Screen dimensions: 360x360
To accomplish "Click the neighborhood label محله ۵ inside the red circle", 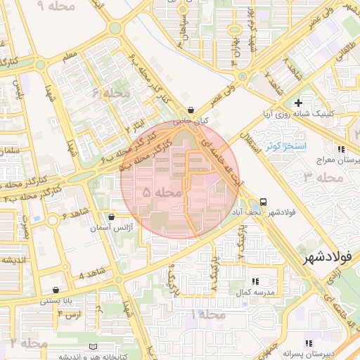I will [162, 191].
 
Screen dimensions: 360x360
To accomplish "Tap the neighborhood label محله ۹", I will [49, 6].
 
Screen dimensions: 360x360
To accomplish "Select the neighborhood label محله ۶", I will [111, 93].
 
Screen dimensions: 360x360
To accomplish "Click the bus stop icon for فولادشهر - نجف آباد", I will [263, 202].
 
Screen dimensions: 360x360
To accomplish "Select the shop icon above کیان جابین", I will [191, 110].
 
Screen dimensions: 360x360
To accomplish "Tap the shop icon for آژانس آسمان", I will [112, 217].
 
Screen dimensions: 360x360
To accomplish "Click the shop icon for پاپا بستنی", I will [56, 290].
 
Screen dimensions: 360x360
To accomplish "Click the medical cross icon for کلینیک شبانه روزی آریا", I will [299, 103].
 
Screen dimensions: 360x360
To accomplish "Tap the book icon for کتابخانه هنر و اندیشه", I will [95, 347].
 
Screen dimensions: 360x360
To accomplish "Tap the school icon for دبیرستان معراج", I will [341, 150].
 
